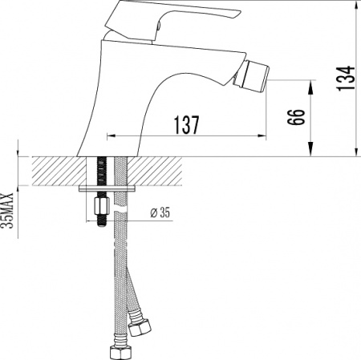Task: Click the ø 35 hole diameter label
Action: click(161, 213)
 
